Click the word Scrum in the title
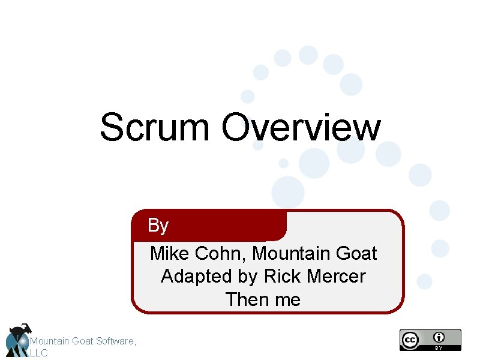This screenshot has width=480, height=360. click(x=155, y=128)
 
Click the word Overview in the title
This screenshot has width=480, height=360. click(x=301, y=128)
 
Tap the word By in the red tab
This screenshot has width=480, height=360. click(x=158, y=226)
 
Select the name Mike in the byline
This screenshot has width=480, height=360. click(x=170, y=254)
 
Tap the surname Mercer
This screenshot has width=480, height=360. click(x=336, y=277)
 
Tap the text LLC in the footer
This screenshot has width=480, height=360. click(x=38, y=353)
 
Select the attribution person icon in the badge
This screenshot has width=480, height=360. click(x=440, y=337)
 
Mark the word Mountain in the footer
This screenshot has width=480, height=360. click(x=50, y=341)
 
